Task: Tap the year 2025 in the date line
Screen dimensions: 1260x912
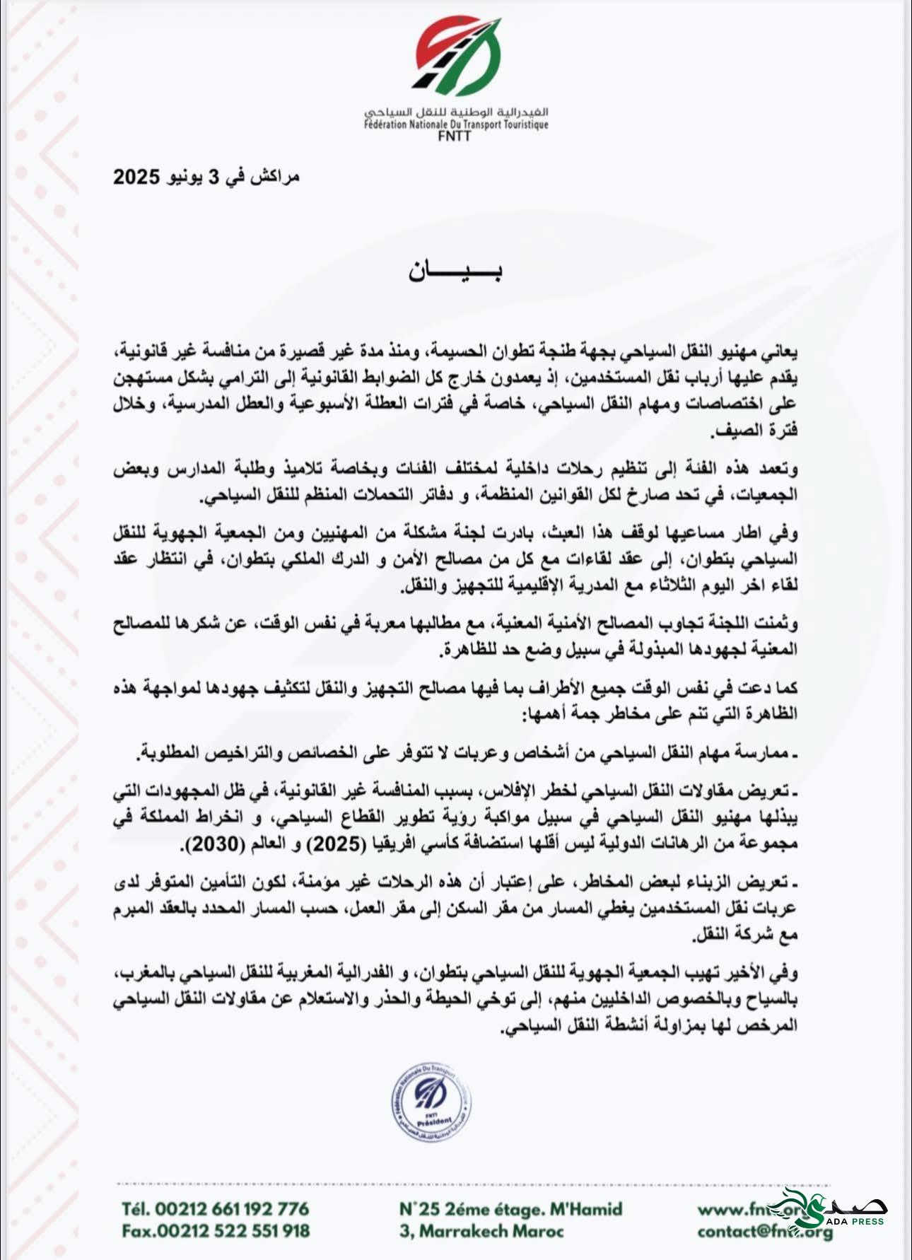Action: tap(137, 177)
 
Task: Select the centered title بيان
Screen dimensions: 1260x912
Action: tap(455, 272)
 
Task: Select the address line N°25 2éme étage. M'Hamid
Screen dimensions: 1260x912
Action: tap(510, 1208)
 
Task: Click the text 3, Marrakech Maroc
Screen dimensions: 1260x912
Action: tap(481, 1231)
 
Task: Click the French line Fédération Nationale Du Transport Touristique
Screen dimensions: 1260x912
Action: tap(457, 124)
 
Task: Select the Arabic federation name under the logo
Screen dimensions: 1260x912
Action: tap(457, 113)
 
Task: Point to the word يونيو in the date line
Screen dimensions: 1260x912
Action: tap(187, 177)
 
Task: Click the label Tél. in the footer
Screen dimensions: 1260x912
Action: tap(136, 1208)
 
